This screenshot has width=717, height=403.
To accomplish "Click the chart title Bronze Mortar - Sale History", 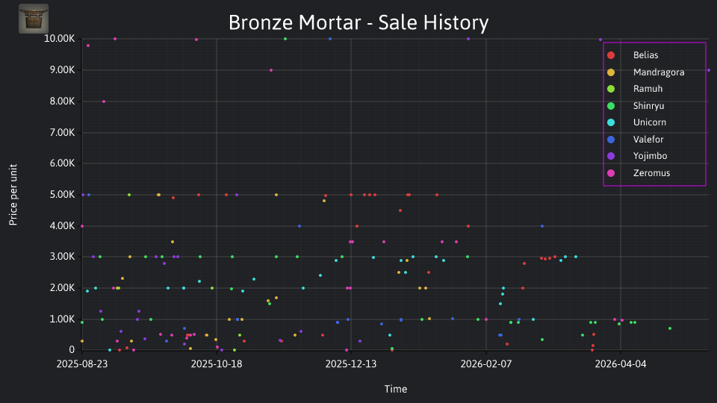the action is tap(358, 22).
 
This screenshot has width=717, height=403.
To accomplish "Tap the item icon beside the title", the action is tap(34, 19).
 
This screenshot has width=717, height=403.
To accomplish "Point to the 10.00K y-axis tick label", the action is tap(60, 39).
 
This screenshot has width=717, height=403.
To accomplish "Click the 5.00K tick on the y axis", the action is tap(62, 195).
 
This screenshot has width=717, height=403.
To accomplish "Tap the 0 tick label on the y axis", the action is tap(72, 350).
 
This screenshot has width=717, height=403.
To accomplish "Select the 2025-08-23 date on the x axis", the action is tap(82, 364).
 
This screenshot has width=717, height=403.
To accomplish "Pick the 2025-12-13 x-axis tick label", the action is tap(351, 364).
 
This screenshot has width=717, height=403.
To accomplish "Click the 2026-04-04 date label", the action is tap(621, 364).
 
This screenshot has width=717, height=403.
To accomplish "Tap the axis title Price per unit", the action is tap(13, 195).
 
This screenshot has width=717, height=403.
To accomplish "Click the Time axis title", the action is tap(396, 390).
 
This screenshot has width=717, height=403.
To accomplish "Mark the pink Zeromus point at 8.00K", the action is tap(104, 101).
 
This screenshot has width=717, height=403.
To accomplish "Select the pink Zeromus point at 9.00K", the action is tap(271, 70).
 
